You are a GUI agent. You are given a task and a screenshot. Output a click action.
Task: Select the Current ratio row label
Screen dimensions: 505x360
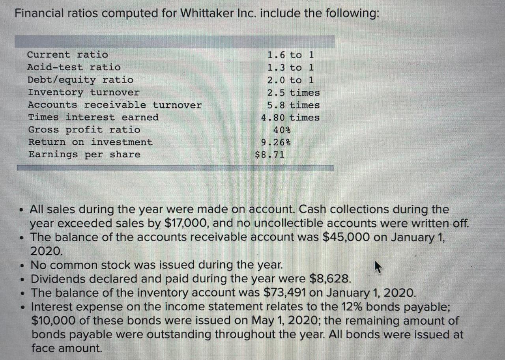(x=67, y=55)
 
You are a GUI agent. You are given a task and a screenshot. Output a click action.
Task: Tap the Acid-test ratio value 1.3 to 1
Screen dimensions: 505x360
(x=290, y=67)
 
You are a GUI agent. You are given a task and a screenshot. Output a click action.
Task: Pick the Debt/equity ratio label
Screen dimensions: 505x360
(x=80, y=80)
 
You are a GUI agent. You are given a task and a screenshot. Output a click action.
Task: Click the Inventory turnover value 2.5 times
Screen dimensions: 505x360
(x=293, y=93)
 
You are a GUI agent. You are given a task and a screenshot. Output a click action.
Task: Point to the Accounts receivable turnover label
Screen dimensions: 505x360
(x=114, y=105)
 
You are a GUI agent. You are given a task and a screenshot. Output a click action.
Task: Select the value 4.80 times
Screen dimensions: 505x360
(x=290, y=118)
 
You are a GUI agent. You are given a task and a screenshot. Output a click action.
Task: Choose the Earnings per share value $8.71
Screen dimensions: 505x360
(x=270, y=155)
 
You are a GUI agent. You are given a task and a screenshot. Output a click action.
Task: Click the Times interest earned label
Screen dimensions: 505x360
(x=93, y=118)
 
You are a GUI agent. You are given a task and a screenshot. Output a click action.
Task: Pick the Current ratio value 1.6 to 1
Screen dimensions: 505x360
(x=290, y=55)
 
